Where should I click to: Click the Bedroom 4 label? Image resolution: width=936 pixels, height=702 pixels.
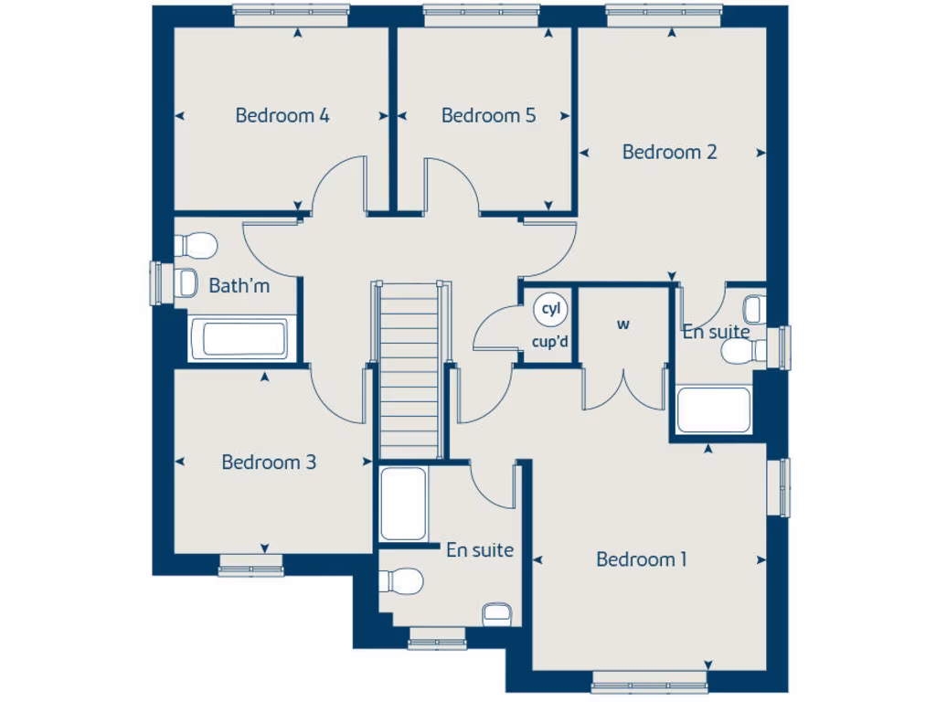pos(282,116)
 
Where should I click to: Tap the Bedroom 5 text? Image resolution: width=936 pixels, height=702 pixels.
pos(488,116)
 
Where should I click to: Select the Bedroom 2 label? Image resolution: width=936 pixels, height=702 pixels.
pos(669,153)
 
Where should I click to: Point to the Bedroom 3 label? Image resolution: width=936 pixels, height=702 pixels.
pos(269,463)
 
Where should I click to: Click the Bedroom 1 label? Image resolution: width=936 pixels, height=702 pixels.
pos(641,559)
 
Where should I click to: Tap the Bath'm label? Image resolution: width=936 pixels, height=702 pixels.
pos(239,286)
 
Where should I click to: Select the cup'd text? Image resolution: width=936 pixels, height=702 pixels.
pos(550,344)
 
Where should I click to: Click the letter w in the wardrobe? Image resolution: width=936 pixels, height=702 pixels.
pos(624,324)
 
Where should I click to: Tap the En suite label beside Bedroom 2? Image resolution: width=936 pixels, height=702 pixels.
pos(716,332)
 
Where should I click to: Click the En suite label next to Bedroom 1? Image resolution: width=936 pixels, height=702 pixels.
pos(479,550)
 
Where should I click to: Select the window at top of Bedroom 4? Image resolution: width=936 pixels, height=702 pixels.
pos(291,11)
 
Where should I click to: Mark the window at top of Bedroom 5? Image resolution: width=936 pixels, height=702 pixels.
pos(481,11)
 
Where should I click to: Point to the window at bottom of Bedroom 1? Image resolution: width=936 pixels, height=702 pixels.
pos(650,680)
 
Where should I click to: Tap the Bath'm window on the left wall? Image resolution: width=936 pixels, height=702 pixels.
pos(156,283)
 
